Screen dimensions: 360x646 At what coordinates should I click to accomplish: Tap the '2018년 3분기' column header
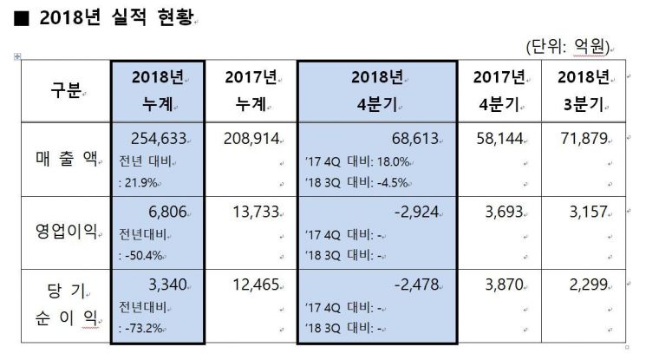584,90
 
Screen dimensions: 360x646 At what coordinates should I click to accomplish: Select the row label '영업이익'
65,232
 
